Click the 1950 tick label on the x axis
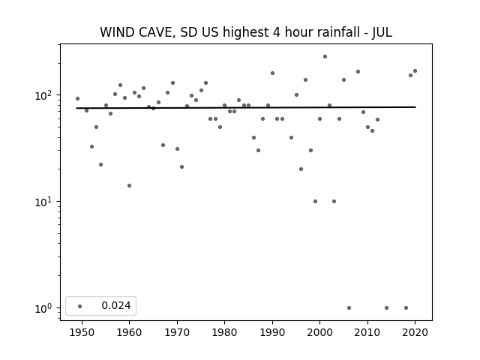point(82,332)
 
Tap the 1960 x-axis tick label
point(129,332)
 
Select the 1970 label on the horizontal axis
point(177,332)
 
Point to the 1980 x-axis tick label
point(224,332)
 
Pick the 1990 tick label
point(272,332)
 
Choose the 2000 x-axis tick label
point(320,332)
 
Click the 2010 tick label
point(367,332)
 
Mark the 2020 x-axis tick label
point(415,332)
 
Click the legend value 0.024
point(116,305)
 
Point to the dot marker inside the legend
point(80,306)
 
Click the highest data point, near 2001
point(325,57)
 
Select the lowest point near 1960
point(129,185)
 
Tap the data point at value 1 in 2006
point(349,308)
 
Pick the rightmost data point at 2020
point(415,71)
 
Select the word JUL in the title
point(382,32)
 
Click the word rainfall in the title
point(334,32)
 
